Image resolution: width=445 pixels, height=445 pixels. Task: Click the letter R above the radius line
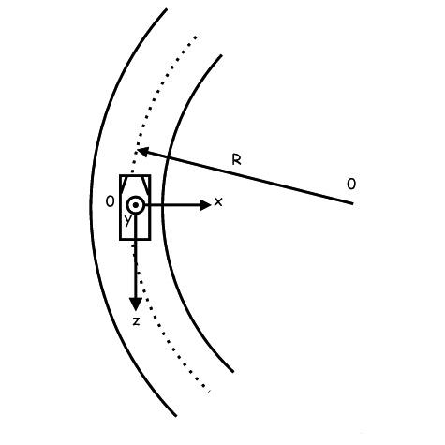(x=237, y=159)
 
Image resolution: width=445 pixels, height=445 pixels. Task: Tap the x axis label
(x=218, y=202)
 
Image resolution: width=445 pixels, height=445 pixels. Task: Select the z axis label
(x=136, y=321)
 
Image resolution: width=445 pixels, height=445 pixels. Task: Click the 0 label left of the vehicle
(x=111, y=201)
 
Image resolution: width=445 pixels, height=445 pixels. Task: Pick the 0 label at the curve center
(x=351, y=185)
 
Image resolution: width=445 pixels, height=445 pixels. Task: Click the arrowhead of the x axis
(x=205, y=205)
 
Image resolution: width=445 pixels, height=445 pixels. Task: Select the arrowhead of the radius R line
(x=142, y=152)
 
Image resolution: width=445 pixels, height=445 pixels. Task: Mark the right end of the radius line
(x=353, y=203)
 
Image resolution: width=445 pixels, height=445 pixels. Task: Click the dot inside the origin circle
(x=136, y=205)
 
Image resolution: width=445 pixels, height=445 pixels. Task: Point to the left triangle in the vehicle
(x=124, y=182)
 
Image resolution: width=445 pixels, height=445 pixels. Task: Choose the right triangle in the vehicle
(x=146, y=182)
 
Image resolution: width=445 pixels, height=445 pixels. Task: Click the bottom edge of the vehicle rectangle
(x=135, y=240)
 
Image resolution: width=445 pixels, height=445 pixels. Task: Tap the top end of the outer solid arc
(x=167, y=9)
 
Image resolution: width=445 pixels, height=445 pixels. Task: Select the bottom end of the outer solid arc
(x=176, y=416)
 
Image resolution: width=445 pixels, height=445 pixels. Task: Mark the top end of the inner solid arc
(x=221, y=55)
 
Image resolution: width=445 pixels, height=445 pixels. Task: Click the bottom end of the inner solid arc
(x=233, y=372)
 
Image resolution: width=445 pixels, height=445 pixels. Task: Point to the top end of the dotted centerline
(x=196, y=37)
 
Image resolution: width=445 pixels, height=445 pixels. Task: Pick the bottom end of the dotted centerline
(x=209, y=391)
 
